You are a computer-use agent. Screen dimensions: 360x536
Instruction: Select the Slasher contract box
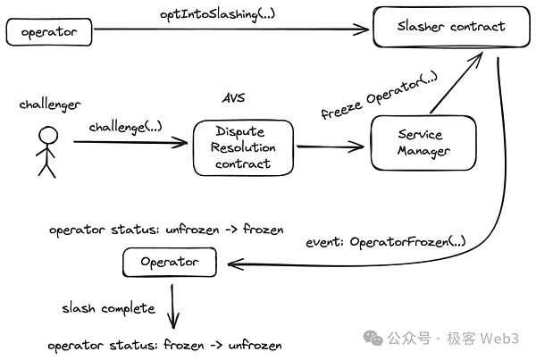pyautogui.click(x=451, y=27)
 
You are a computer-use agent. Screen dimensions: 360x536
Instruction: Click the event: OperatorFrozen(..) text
pyautogui.click(x=385, y=241)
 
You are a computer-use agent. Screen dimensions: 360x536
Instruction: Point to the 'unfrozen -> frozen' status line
pyautogui.click(x=165, y=230)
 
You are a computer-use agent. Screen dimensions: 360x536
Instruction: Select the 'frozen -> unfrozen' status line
pyautogui.click(x=165, y=345)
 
